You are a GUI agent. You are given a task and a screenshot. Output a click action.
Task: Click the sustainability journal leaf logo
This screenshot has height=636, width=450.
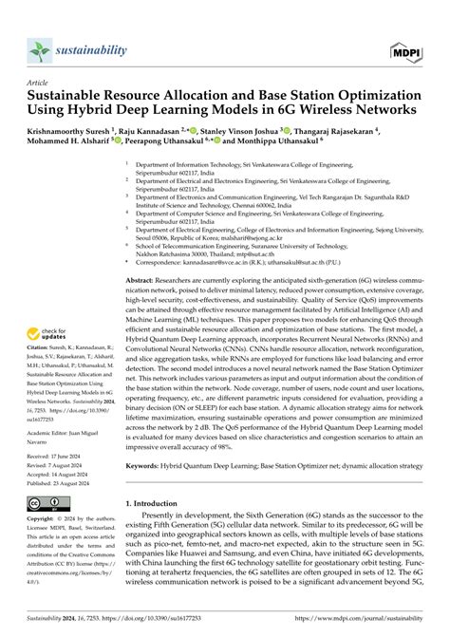[38, 50]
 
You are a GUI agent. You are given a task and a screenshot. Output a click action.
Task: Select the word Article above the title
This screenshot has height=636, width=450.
[38, 83]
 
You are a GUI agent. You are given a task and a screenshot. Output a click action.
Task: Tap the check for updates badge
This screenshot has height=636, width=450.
[50, 335]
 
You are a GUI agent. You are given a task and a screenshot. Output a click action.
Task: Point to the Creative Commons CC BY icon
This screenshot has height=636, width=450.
[49, 501]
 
